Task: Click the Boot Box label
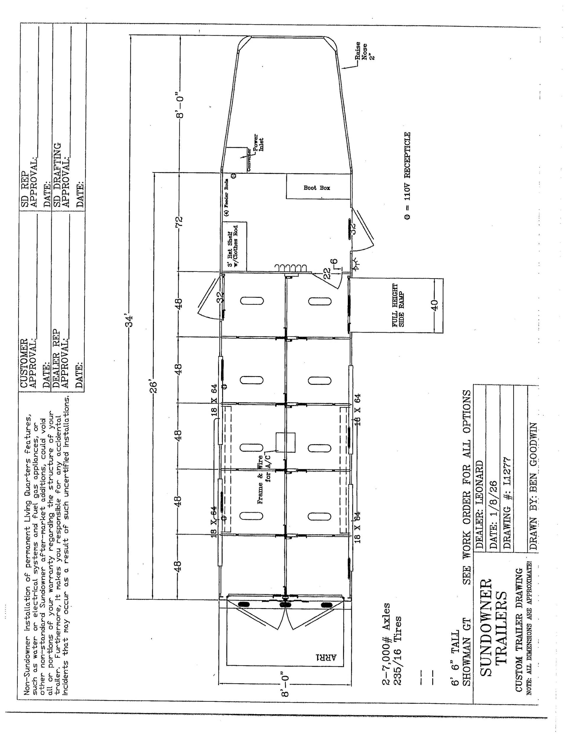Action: click(317, 188)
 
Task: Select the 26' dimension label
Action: click(153, 387)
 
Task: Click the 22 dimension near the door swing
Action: click(327, 274)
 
